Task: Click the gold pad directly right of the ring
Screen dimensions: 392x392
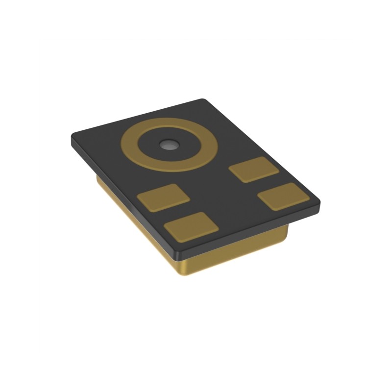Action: [x=253, y=170]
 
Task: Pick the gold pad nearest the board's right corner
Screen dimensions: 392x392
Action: [x=283, y=196]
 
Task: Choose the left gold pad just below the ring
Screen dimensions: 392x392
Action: [x=163, y=197]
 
